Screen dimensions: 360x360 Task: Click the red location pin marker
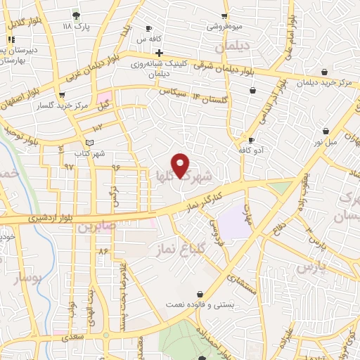pyautogui.click(x=181, y=165)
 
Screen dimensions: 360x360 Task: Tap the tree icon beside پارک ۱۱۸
pyautogui.click(x=76, y=15)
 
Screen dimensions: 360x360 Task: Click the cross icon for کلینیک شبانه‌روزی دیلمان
pyautogui.click(x=160, y=53)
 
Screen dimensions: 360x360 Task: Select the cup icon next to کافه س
pyautogui.click(x=148, y=29)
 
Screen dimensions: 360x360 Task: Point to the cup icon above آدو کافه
pyautogui.click(x=251, y=141)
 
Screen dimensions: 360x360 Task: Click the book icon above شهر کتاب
pyautogui.click(x=88, y=143)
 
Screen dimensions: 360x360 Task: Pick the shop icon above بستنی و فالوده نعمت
pyautogui.click(x=200, y=294)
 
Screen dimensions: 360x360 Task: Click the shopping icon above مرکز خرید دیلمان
pyautogui.click(x=323, y=72)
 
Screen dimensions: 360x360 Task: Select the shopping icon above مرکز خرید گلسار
pyautogui.click(x=63, y=94)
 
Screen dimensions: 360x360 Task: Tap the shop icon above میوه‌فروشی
pyautogui.click(x=224, y=15)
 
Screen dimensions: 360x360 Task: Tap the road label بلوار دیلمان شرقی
pyautogui.click(x=227, y=66)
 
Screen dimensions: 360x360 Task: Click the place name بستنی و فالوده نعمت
pyautogui.click(x=200, y=305)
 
